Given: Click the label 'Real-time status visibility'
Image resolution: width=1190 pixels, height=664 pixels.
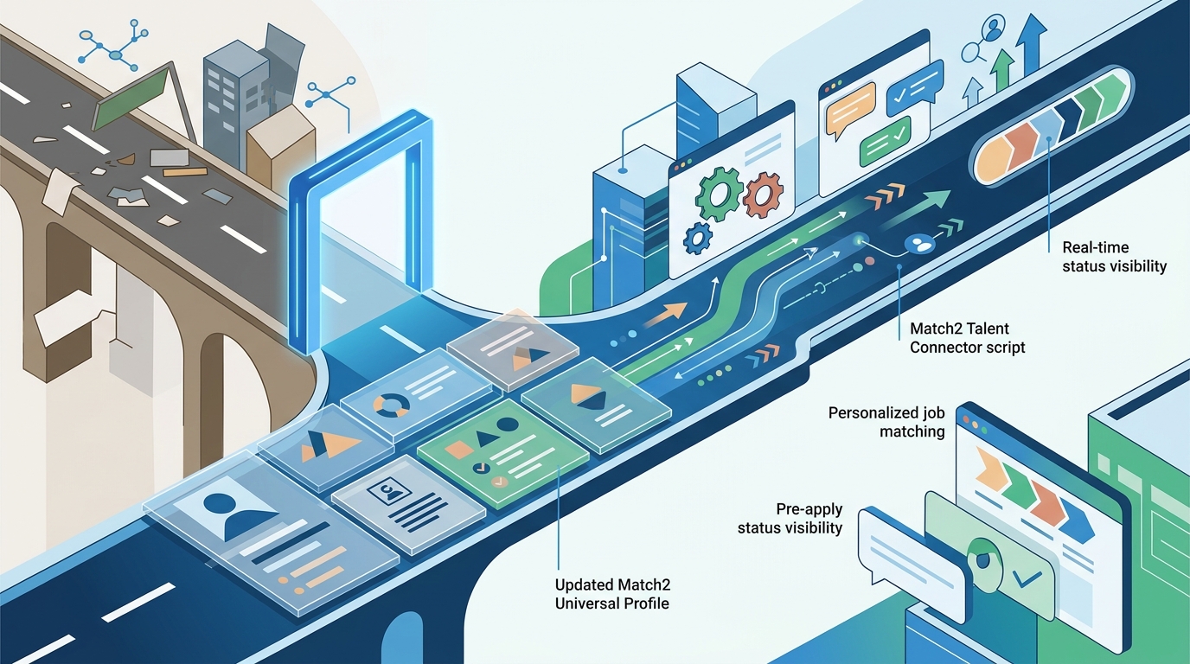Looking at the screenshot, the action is click(x=1114, y=257).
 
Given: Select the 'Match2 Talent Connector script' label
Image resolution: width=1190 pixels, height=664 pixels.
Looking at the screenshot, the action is click(x=968, y=338).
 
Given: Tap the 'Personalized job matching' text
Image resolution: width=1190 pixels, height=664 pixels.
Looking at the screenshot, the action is click(x=886, y=422).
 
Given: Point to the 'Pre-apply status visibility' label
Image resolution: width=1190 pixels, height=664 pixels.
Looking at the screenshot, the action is click(x=790, y=518).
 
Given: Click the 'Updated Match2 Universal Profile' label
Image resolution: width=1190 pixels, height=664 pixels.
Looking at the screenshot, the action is click(x=612, y=594).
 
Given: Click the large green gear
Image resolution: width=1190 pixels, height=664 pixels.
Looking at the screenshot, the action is click(x=720, y=194).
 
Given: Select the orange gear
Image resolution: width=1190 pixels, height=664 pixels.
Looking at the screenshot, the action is click(x=764, y=195).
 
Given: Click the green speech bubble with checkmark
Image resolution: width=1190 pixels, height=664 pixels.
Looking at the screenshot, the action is click(x=885, y=140).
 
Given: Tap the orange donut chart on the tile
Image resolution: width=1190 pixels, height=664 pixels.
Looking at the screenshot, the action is click(x=391, y=405).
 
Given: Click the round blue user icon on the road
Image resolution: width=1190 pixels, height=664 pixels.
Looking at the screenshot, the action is click(x=919, y=244).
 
